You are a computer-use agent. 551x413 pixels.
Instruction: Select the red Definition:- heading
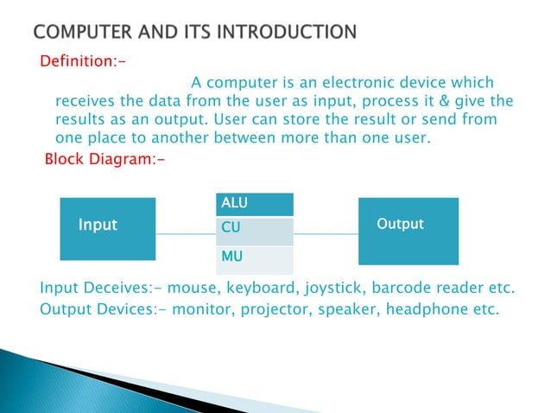(75, 62)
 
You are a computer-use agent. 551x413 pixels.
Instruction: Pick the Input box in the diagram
(98, 225)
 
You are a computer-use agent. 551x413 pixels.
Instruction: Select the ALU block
(254, 203)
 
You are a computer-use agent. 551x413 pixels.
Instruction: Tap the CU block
(254, 231)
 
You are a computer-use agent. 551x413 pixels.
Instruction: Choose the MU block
(254, 258)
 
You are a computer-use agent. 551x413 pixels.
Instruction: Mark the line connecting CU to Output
(326, 233)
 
